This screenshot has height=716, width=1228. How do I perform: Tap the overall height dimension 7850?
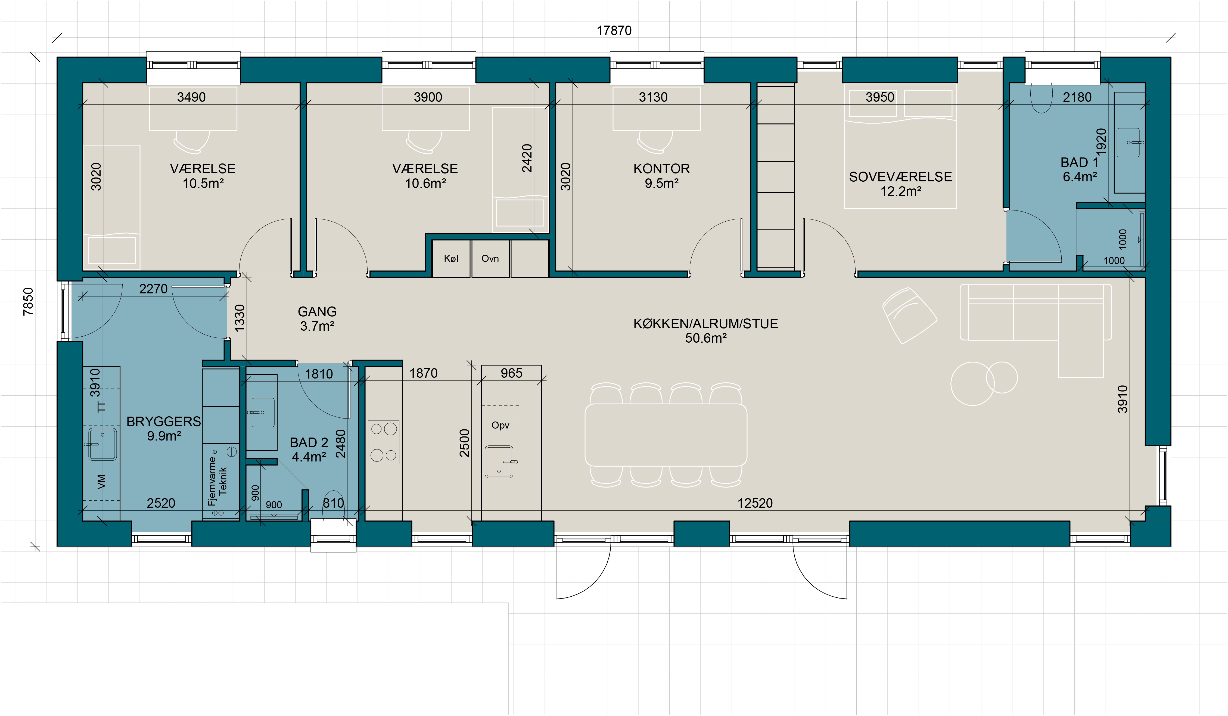(28, 302)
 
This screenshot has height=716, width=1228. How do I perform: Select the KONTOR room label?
(661, 169)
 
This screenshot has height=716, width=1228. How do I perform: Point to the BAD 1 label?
(1079, 162)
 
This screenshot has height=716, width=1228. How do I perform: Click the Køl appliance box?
(451, 258)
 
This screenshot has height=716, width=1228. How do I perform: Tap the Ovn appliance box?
(490, 258)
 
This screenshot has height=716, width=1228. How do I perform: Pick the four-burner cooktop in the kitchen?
(384, 442)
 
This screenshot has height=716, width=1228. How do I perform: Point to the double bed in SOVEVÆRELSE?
(900, 146)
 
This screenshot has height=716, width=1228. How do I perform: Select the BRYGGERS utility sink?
(102, 444)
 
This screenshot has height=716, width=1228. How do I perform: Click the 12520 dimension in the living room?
(755, 503)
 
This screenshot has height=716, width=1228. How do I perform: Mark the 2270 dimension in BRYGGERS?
(153, 289)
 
